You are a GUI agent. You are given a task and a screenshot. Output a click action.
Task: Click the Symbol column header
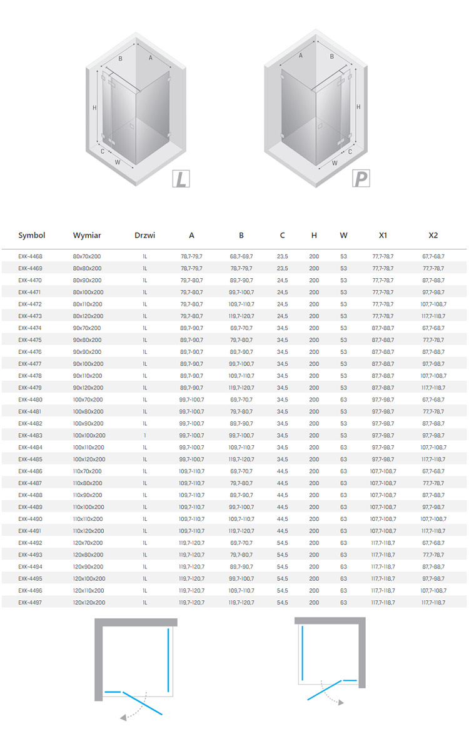click(32, 236)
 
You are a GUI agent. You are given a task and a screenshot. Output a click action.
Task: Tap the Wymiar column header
click(87, 236)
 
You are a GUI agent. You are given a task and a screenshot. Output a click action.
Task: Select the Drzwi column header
click(144, 236)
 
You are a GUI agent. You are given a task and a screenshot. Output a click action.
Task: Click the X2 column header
click(433, 236)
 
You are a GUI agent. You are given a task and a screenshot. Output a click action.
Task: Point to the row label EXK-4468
click(31, 256)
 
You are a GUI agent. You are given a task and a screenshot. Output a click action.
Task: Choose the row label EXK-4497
click(31, 602)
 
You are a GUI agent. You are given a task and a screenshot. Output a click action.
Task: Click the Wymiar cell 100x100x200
click(89, 435)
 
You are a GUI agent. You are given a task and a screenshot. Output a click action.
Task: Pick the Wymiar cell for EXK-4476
click(88, 352)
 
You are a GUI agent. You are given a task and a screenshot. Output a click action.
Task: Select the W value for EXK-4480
click(343, 400)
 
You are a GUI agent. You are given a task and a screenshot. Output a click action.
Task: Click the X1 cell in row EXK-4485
click(383, 459)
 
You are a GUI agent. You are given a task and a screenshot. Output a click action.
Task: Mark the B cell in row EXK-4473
click(241, 316)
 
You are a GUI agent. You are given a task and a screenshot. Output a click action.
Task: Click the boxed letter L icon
click(181, 179)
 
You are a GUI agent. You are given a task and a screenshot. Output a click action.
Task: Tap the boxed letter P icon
click(360, 179)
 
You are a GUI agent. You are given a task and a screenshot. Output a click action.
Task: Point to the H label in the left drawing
click(94, 108)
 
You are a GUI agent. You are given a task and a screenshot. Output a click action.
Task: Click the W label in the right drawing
click(335, 163)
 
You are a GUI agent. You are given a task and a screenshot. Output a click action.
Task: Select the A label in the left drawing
click(151, 58)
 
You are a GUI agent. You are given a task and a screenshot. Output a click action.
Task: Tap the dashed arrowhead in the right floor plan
click(342, 703)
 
